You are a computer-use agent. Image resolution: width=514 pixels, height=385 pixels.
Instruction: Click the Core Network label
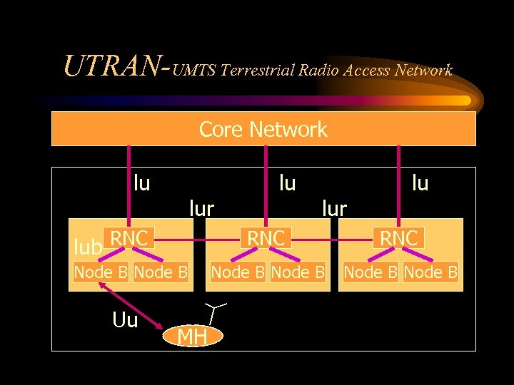coord(263,129)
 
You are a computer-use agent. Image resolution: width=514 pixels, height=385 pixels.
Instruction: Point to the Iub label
coord(88,247)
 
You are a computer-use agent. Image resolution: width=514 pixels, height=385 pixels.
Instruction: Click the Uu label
coord(125,320)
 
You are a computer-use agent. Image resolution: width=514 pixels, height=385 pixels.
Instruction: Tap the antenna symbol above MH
coord(214,312)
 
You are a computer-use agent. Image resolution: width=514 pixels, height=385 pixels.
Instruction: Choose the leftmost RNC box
coord(129,238)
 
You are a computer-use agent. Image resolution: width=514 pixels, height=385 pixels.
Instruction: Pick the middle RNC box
coord(266,238)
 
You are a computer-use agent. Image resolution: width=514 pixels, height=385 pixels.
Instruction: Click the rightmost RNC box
coord(399,238)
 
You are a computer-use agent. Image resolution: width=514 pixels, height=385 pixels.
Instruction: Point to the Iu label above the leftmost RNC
coord(141,183)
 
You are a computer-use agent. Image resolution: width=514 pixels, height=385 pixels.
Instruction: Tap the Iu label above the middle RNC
coord(287,183)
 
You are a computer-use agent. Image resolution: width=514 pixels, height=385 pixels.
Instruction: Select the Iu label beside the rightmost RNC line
coord(420,183)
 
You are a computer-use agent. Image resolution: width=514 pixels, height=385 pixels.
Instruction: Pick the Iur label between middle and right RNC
coord(334,208)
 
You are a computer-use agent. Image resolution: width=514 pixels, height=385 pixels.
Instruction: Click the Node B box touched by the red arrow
coord(101,272)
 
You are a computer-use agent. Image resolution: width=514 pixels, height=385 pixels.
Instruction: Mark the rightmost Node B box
coord(431,272)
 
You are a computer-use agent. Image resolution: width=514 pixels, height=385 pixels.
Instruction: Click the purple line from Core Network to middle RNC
coord(266,185)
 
